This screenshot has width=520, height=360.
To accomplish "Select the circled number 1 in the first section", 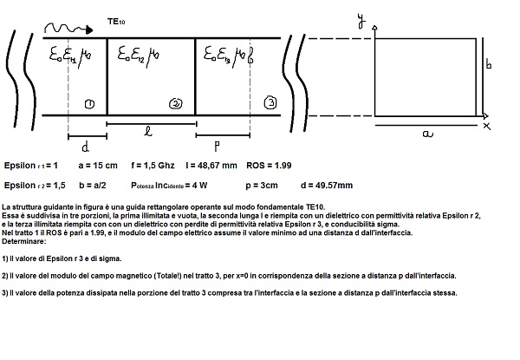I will pyautogui.click(x=89, y=105).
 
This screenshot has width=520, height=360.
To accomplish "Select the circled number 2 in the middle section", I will pyautogui.click(x=176, y=104).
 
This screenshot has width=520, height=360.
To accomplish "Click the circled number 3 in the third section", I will pyautogui.click(x=270, y=103).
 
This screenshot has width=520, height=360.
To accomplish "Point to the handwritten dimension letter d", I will pyautogui.click(x=85, y=144).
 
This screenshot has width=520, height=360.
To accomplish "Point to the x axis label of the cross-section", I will pyautogui.click(x=487, y=127).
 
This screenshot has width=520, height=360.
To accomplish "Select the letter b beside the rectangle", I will pyautogui.click(x=489, y=63).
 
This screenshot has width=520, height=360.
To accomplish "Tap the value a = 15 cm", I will pyautogui.click(x=99, y=165).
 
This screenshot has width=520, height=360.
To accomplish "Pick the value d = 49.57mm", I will pyautogui.click(x=326, y=185).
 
